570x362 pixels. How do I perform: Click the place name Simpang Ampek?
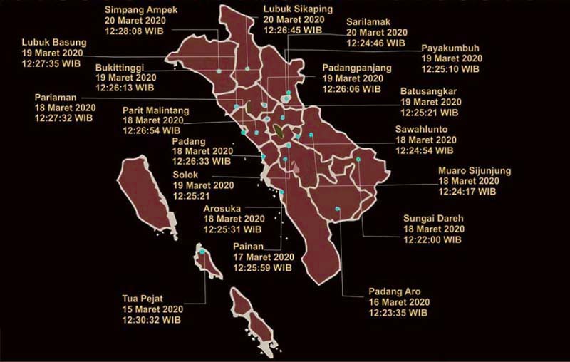pos(141,10)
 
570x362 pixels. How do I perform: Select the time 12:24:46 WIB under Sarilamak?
pos(376,43)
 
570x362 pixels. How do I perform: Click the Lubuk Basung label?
pos(53,42)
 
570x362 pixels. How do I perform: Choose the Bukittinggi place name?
pos(125,67)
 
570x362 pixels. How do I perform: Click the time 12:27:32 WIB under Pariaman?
pos(64,119)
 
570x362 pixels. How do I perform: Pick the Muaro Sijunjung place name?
pos(474,171)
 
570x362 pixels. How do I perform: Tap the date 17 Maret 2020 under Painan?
pos(264,257)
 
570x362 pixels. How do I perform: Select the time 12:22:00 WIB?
pos(432,240)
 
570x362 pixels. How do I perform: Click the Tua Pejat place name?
pos(146,299)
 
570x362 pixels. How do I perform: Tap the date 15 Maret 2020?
pos(153,309)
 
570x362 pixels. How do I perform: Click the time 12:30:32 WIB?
pos(152,320)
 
